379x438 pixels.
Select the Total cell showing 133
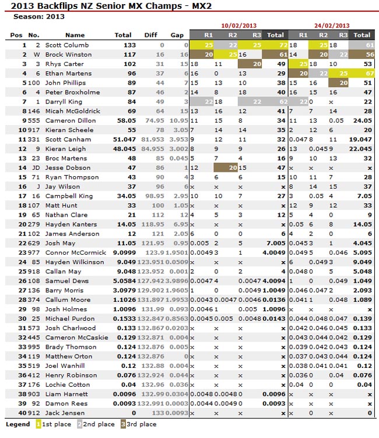coord(129,45)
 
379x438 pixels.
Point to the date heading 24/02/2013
coord(332,26)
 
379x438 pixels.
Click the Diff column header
coord(151,35)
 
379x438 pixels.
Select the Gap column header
coord(177,35)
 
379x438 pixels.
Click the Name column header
coord(75,35)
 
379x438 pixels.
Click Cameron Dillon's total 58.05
coord(127,120)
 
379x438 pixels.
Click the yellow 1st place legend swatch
coord(38,425)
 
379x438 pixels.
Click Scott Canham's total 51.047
coord(125,140)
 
